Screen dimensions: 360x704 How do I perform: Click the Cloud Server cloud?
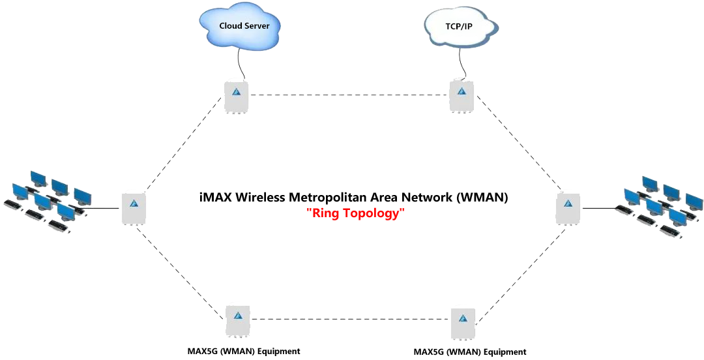click(240, 27)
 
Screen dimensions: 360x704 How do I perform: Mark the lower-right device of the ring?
click(463, 322)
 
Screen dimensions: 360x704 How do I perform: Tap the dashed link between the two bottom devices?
click(350, 319)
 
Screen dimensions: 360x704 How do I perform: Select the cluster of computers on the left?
click(49, 201)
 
